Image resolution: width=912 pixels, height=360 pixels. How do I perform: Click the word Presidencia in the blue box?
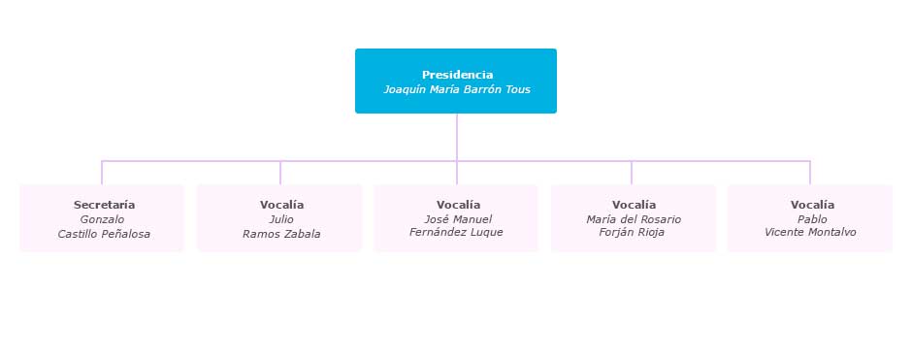(x=457, y=75)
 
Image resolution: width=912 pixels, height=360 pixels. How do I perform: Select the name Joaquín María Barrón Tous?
(x=457, y=89)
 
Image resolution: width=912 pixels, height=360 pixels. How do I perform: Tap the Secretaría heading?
(x=104, y=205)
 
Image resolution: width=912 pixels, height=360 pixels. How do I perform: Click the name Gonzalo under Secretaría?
(x=102, y=219)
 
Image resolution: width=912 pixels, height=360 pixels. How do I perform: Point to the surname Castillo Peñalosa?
(x=104, y=234)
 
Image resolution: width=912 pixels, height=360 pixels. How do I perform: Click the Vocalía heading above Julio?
(x=281, y=205)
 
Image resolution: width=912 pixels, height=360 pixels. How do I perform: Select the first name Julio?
(x=281, y=219)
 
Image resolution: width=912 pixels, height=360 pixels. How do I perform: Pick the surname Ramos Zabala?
(x=281, y=234)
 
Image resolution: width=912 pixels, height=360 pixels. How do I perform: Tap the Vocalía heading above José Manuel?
(x=458, y=205)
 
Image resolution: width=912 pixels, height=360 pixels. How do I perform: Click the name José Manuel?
(x=458, y=219)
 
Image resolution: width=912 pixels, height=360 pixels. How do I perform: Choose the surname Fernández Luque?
(x=456, y=233)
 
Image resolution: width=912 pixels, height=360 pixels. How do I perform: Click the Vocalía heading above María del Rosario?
(x=634, y=205)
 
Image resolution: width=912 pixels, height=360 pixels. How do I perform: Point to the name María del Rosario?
(x=634, y=219)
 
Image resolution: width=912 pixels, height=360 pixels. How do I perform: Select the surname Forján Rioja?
(x=632, y=233)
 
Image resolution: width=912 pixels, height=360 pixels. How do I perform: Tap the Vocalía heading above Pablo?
(x=812, y=205)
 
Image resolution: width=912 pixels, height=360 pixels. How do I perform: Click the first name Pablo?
(x=812, y=219)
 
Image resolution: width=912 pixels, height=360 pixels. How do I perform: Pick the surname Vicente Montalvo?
(x=810, y=233)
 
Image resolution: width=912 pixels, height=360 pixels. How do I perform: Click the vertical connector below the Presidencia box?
(x=457, y=136)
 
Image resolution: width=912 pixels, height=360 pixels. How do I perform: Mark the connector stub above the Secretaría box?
(x=102, y=173)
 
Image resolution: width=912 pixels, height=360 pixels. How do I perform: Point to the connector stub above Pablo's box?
(x=810, y=173)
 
